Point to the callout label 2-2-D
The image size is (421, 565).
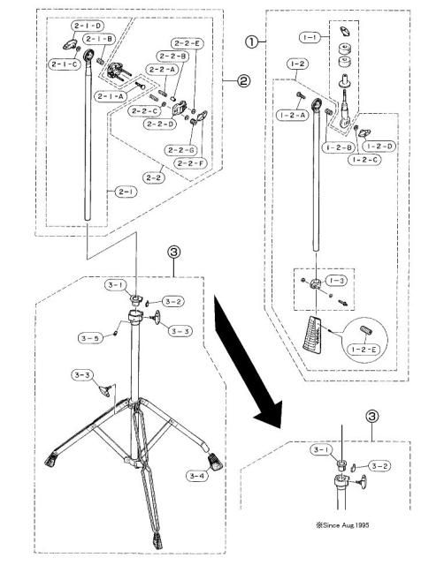tap(161, 124)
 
